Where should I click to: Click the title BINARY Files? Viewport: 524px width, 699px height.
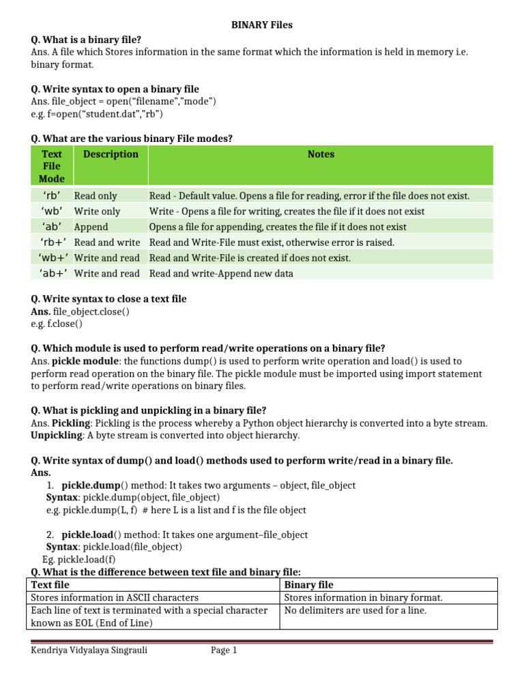[x=261, y=25]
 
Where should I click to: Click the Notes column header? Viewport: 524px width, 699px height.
[x=321, y=154]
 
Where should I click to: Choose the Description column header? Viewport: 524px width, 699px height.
[x=111, y=154]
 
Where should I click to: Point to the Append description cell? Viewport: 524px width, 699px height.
[x=91, y=227]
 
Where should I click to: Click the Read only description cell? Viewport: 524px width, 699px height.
[x=96, y=196]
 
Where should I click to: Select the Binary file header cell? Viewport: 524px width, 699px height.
[x=309, y=585]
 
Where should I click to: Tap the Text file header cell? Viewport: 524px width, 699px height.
[x=50, y=585]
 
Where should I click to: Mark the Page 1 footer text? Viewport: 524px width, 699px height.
[x=224, y=651]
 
